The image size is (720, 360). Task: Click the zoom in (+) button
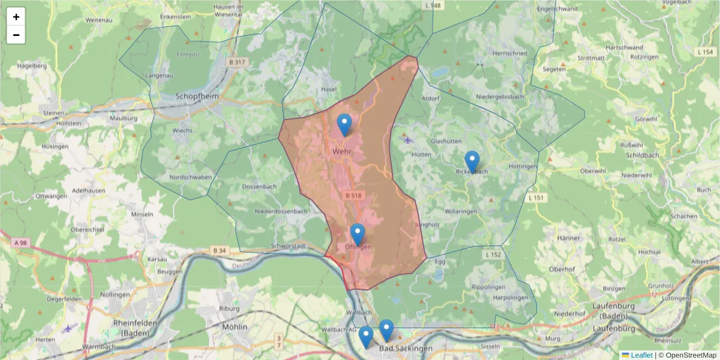pos(16,17)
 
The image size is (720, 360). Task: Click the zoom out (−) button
pos(16,35)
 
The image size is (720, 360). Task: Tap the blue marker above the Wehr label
pos(344,125)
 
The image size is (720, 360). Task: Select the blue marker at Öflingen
pos(358,235)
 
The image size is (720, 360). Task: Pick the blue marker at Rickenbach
pos(472,162)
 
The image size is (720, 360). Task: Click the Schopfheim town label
pos(197,96)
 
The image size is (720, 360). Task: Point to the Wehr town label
pos(341,152)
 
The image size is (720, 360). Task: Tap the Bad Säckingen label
pos(406,349)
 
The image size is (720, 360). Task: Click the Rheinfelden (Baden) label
pos(135,327)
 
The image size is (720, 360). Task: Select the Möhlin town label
pos(235,327)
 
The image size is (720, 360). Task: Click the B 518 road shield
pos(354,196)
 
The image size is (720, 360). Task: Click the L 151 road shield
pos(536,197)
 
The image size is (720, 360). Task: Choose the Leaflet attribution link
pos(641,355)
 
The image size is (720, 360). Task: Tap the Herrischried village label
pos(509,53)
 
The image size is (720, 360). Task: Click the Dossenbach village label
pos(259,187)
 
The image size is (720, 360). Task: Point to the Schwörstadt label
pos(289,246)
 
